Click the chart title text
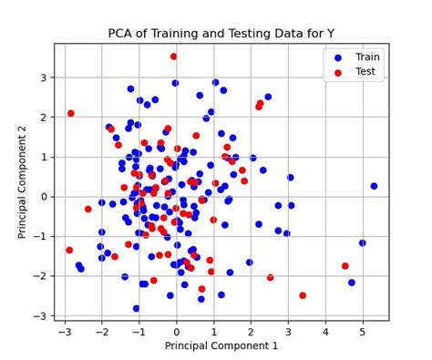pos(221,34)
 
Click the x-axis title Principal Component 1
pos(221,345)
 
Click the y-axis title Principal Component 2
pos(23,182)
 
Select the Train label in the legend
pos(366,56)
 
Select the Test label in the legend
pos(365,71)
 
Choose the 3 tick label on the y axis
pos(44,77)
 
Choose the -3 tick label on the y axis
pos(41,315)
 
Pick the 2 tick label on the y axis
pos(44,118)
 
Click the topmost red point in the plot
pos(173,57)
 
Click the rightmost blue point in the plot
pos(374,186)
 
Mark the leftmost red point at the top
pos(71,114)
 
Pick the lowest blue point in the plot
pos(137,308)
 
